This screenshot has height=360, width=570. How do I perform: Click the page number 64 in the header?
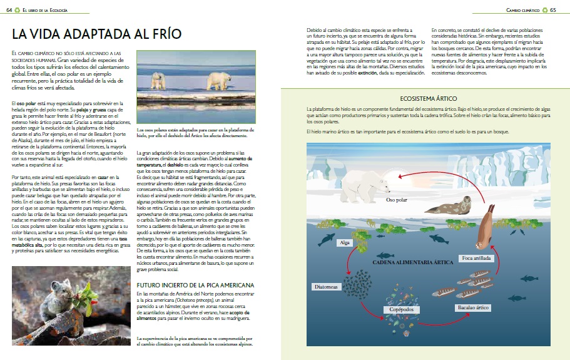click(9, 10)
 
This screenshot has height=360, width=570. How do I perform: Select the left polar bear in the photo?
click(157, 80)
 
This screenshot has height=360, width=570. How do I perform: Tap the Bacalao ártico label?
click(474, 307)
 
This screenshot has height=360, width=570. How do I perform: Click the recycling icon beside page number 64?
click(18, 10)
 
